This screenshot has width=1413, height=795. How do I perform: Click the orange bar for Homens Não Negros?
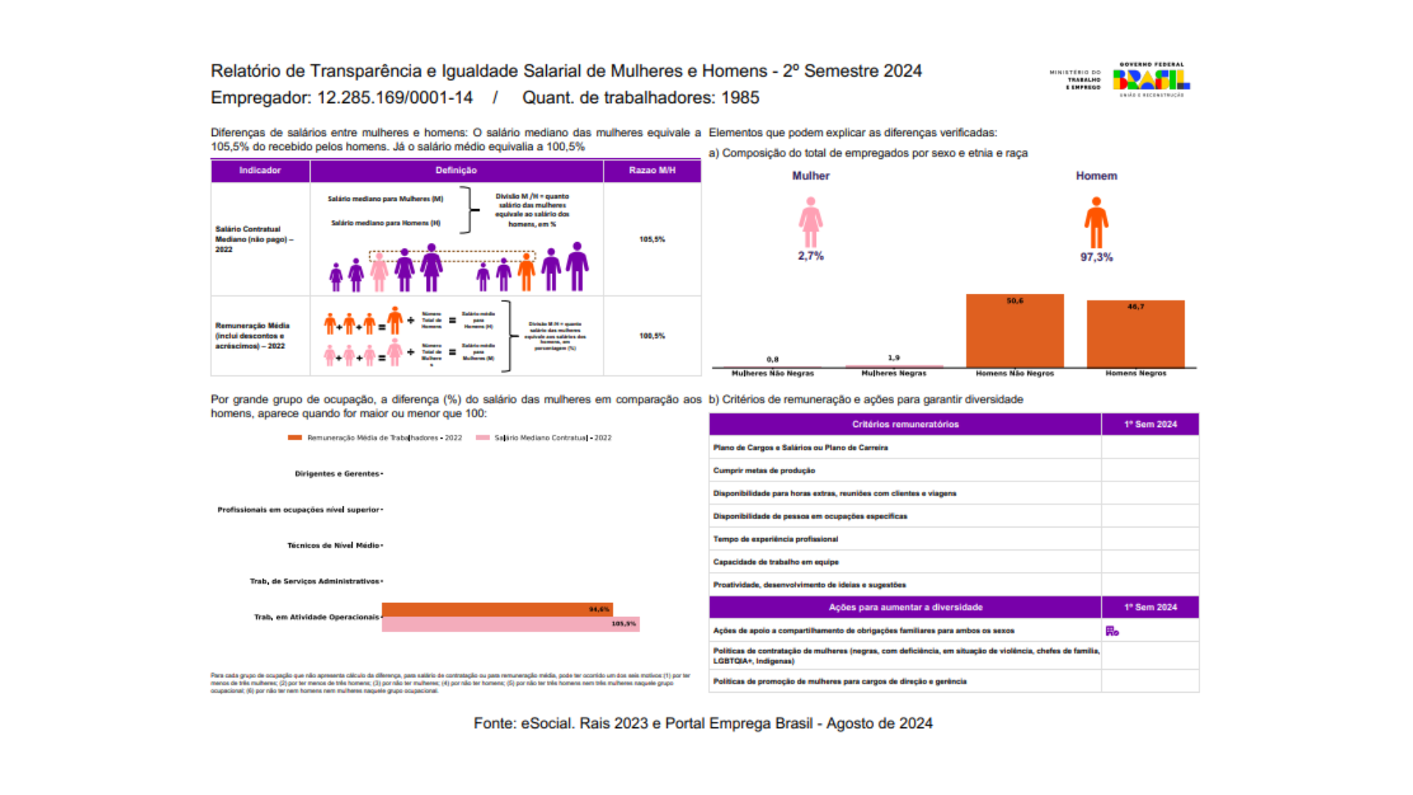tap(1014, 331)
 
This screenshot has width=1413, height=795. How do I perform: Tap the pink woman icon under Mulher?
tap(810, 222)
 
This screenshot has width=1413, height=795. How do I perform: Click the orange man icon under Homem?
tap(1096, 223)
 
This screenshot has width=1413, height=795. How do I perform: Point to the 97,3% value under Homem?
tap(1096, 257)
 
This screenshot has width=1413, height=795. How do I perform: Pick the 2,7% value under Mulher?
tap(810, 256)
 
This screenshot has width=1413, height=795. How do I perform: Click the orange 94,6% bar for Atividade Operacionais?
tap(497, 609)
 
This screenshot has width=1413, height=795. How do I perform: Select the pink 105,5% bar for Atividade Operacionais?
tap(510, 624)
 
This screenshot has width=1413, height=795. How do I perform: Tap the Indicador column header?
tap(260, 170)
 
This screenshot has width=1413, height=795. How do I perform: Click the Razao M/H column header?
tap(651, 170)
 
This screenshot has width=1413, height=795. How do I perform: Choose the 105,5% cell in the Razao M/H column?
tap(651, 239)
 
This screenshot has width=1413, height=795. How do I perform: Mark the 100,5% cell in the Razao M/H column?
tap(651, 336)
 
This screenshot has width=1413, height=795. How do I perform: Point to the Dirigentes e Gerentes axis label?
tap(336, 473)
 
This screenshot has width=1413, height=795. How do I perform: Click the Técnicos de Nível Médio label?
tap(333, 545)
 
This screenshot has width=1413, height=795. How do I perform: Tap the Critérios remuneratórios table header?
tap(905, 424)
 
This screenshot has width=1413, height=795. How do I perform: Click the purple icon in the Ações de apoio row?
tap(1112, 631)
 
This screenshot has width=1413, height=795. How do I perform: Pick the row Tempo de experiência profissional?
tap(775, 539)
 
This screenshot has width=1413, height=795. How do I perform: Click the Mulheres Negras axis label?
tap(893, 373)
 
